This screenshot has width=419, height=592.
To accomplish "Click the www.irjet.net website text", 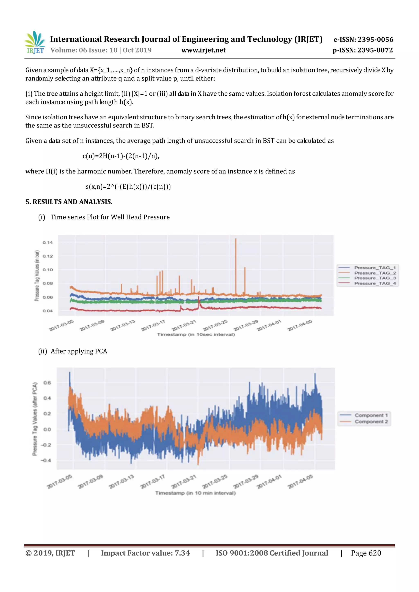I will pyautogui.click(x=203, y=50).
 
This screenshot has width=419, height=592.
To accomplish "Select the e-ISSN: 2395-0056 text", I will pyautogui.click(x=363, y=39).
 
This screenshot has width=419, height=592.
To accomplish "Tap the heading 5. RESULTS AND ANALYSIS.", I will pyautogui.click(x=69, y=202).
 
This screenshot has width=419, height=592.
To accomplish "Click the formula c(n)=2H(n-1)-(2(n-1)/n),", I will pyautogui.click(x=121, y=156).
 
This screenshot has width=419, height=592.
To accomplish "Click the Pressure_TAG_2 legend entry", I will pyautogui.click(x=375, y=273).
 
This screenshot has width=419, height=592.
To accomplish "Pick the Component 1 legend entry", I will pyautogui.click(x=371, y=415).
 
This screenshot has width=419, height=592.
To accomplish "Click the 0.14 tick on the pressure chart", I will pyautogui.click(x=48, y=243).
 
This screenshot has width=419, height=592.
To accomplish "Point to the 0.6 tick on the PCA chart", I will pyautogui.click(x=47, y=383).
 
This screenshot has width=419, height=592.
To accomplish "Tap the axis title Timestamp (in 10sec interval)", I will pyautogui.click(x=196, y=335).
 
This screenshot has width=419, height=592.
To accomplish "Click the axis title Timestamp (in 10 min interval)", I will pyautogui.click(x=195, y=493).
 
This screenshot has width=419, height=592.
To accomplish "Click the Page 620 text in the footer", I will pyautogui.click(x=366, y=553).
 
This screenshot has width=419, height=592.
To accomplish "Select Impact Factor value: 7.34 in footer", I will pyautogui.click(x=145, y=553).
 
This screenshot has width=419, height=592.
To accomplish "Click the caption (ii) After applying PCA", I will pyautogui.click(x=73, y=351).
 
